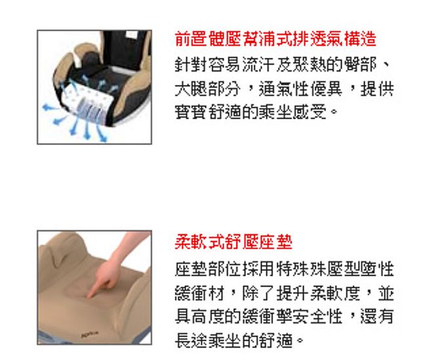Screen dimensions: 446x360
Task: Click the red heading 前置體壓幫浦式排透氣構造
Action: pos(275,39)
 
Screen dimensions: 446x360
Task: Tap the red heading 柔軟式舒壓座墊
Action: pos(233,242)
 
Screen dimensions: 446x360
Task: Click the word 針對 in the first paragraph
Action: pos(191,65)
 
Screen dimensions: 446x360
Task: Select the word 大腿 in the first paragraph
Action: pos(191,89)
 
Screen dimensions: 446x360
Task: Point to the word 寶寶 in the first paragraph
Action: pos(191,112)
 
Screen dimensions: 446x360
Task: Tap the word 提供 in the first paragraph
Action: pos(377,89)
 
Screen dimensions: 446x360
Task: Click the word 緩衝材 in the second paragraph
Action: pos(199,293)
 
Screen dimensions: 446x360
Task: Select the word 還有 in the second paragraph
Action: pos(377,316)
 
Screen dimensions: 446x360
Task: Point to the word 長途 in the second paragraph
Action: pos(191,340)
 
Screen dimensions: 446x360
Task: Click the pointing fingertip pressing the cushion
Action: pos(90,295)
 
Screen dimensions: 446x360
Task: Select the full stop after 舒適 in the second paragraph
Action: pos(300,340)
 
